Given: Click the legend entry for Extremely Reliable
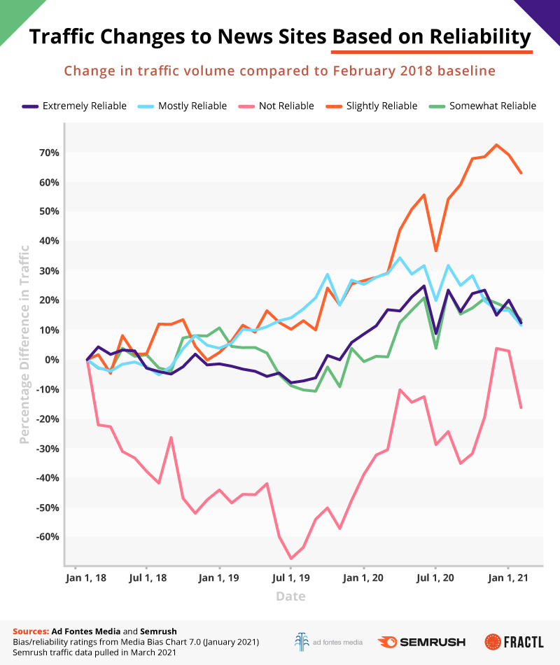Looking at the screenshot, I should pyautogui.click(x=73, y=106).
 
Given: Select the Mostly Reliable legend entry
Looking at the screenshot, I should pyautogui.click(x=183, y=106).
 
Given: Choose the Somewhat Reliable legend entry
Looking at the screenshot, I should pyautogui.click(x=484, y=106).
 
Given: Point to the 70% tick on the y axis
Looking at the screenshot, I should pyautogui.click(x=49, y=153).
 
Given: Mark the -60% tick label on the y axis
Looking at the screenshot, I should pyautogui.click(x=47, y=538).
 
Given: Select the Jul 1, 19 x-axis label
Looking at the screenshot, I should pyautogui.click(x=291, y=578).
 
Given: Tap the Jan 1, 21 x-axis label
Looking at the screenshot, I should pyautogui.click(x=508, y=578).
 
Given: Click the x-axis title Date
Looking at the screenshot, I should pyautogui.click(x=290, y=596).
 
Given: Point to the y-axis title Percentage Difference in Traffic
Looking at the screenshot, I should pyautogui.click(x=25, y=344).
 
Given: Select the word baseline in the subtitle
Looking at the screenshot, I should pyautogui.click(x=470, y=71).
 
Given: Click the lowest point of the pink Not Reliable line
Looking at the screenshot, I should pyautogui.click(x=291, y=559).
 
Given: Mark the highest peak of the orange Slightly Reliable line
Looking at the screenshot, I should pyautogui.click(x=496, y=145).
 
